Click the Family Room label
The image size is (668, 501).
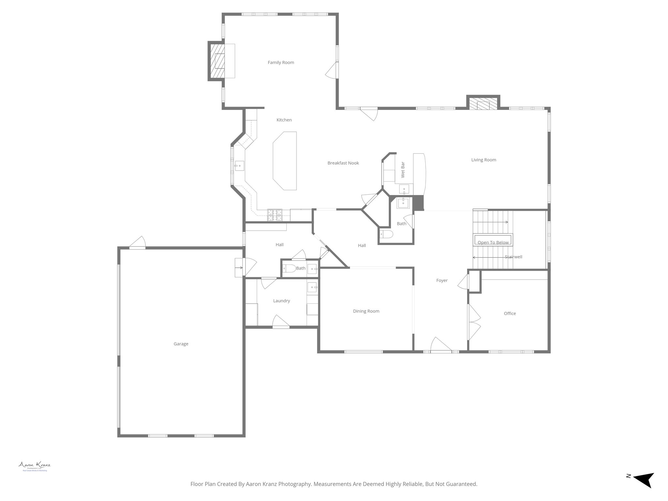281,63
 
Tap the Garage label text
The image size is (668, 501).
181,344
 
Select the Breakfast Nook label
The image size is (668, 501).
343,163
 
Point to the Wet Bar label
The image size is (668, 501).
403,170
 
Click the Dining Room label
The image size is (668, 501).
366,311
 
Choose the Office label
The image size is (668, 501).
510,313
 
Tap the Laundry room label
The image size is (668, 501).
281,301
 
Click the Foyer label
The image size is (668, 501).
442,281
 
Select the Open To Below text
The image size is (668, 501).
493,242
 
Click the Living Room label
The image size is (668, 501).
483,160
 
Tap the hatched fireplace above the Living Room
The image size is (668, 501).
483,103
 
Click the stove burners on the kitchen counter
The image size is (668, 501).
275,215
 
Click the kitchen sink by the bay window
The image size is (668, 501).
239,166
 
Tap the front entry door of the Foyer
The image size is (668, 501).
441,350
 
